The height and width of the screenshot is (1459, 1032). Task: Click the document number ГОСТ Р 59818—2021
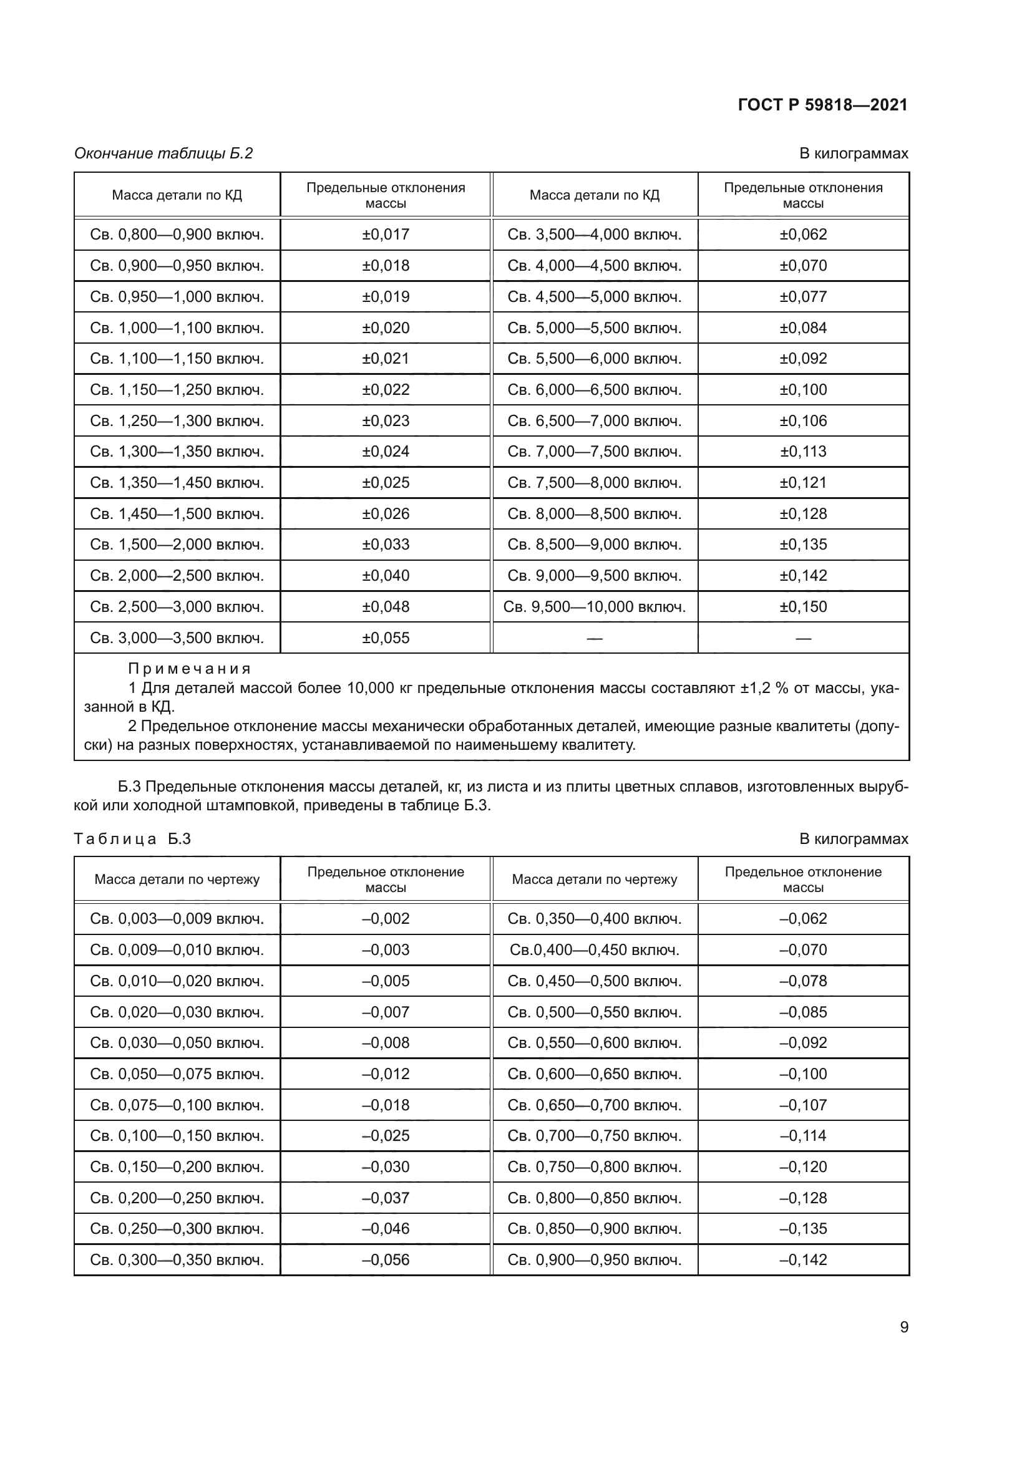tap(822, 105)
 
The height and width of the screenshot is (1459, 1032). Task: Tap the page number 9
tap(903, 1327)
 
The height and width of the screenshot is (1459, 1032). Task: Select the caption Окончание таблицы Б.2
tap(163, 153)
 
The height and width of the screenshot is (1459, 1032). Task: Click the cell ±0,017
tap(385, 235)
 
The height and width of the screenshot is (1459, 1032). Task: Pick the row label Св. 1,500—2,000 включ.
tap(177, 545)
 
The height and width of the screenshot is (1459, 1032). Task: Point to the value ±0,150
tap(802, 607)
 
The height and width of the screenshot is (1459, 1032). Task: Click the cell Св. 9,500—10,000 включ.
tap(594, 607)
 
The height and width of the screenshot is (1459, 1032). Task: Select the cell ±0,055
tap(385, 638)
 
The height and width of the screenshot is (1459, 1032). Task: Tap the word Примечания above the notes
tap(190, 669)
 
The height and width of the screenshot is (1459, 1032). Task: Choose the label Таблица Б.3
tap(132, 839)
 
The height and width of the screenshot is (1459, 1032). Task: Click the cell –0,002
tap(385, 919)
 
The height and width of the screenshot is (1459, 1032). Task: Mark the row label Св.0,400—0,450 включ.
tap(594, 950)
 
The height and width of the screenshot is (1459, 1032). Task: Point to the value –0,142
tap(802, 1260)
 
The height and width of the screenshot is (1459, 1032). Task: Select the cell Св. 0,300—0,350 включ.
tap(177, 1260)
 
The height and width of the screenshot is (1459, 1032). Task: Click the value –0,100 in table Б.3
tap(802, 1074)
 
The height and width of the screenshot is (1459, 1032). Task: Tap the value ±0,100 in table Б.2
tap(802, 389)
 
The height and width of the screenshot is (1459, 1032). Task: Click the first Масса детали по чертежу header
tap(177, 880)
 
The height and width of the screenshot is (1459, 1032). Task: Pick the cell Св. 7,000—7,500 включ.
tap(594, 452)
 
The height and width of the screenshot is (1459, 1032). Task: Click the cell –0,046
tap(385, 1229)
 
